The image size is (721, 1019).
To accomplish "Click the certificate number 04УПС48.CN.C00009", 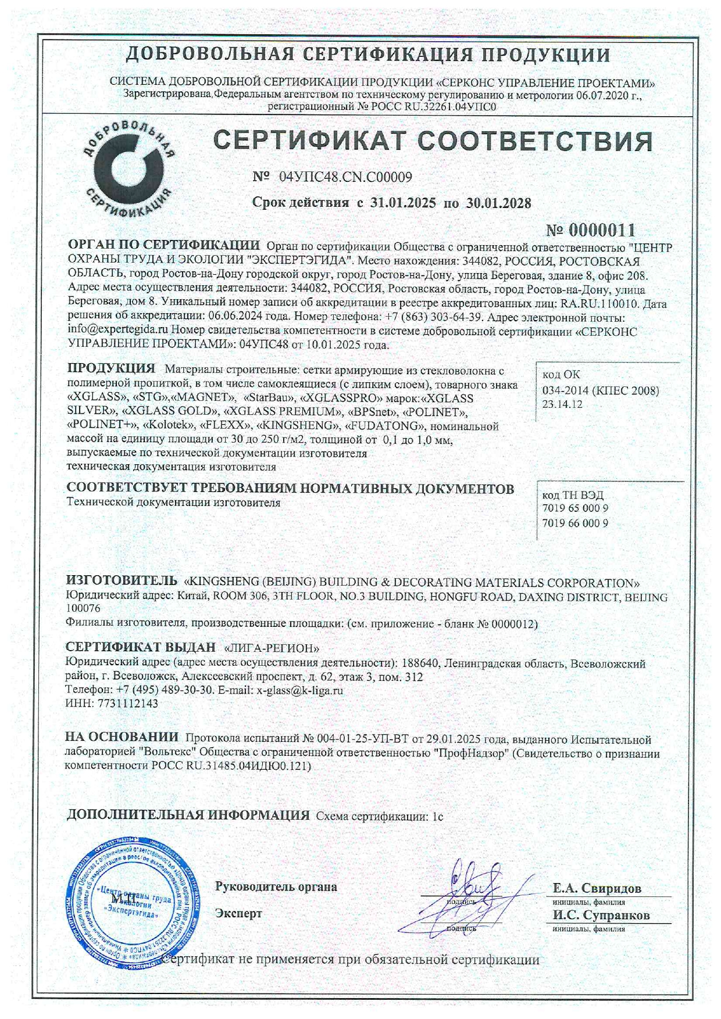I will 345,177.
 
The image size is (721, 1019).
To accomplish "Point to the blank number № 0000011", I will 592,229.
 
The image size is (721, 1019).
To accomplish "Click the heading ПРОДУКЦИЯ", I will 112,368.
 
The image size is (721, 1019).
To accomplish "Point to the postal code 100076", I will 83,609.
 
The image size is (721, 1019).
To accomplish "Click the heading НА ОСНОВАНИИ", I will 122,738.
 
